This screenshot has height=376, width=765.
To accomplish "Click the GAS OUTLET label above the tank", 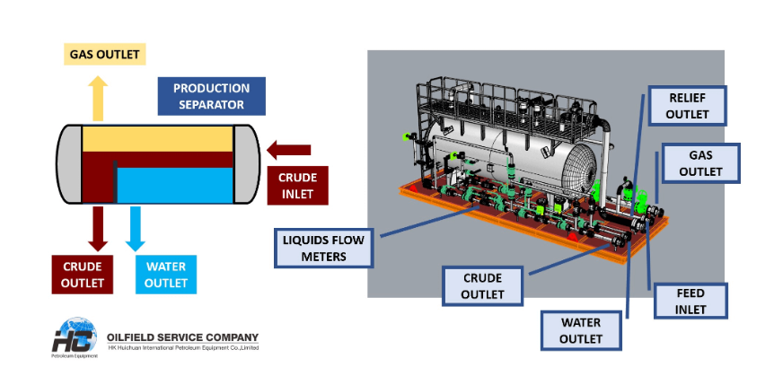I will pyautogui.click(x=105, y=54).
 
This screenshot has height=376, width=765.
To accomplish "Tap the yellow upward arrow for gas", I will pyautogui.click(x=99, y=95).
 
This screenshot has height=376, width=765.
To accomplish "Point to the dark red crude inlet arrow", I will pyautogui.click(x=289, y=149).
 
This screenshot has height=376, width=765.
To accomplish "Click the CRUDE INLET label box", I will pyautogui.click(x=297, y=185).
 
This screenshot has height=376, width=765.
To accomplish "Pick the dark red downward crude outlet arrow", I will pyautogui.click(x=97, y=228).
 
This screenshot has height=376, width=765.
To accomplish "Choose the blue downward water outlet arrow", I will pyautogui.click(x=135, y=228).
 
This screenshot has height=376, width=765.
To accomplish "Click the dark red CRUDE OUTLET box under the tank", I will pyautogui.click(x=83, y=275).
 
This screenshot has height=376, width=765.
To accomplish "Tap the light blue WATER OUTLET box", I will pyautogui.click(x=165, y=275).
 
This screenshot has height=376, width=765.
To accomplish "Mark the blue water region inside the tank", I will pyautogui.click(x=175, y=184).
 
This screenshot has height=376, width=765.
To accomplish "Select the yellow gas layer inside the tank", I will pyautogui.click(x=157, y=139).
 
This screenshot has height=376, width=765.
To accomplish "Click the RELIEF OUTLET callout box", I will pyautogui.click(x=688, y=106).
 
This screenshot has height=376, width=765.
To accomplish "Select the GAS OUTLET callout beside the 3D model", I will pyautogui.click(x=700, y=162).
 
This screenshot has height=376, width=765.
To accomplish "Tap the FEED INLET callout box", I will pyautogui.click(x=690, y=302).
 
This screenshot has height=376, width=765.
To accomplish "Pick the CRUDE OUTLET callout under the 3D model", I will pyautogui.click(x=483, y=286).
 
